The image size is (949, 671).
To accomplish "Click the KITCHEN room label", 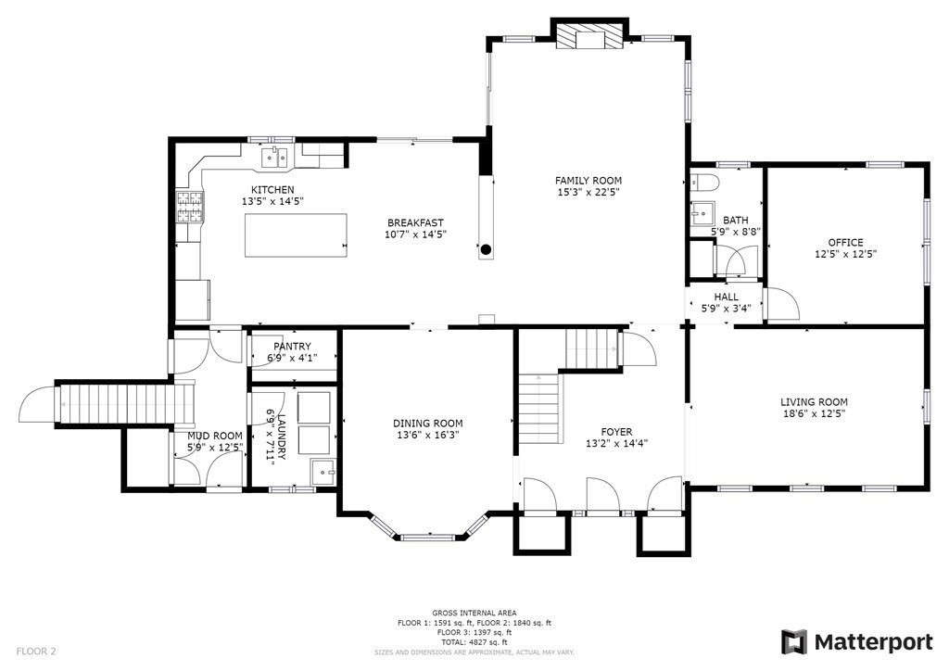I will pos(272,190).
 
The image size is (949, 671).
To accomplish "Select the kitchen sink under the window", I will pos(273,157).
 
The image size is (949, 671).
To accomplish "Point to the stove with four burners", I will pos(188,207).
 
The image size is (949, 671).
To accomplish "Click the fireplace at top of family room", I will pos(588,36).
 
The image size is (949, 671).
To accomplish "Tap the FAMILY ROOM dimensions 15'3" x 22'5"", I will pos(588,193).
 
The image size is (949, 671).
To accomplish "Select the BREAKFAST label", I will pos(415,222).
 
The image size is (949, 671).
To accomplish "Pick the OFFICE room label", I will pos(845,242).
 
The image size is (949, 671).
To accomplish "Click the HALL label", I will pos(726,297).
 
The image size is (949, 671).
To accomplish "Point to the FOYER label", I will pos(616,432).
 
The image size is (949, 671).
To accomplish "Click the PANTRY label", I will pos(292,347).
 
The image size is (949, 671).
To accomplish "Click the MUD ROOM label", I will pos(215,436).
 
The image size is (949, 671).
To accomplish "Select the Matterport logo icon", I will pos(794,641).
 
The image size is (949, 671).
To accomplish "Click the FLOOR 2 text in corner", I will pos(36,652).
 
